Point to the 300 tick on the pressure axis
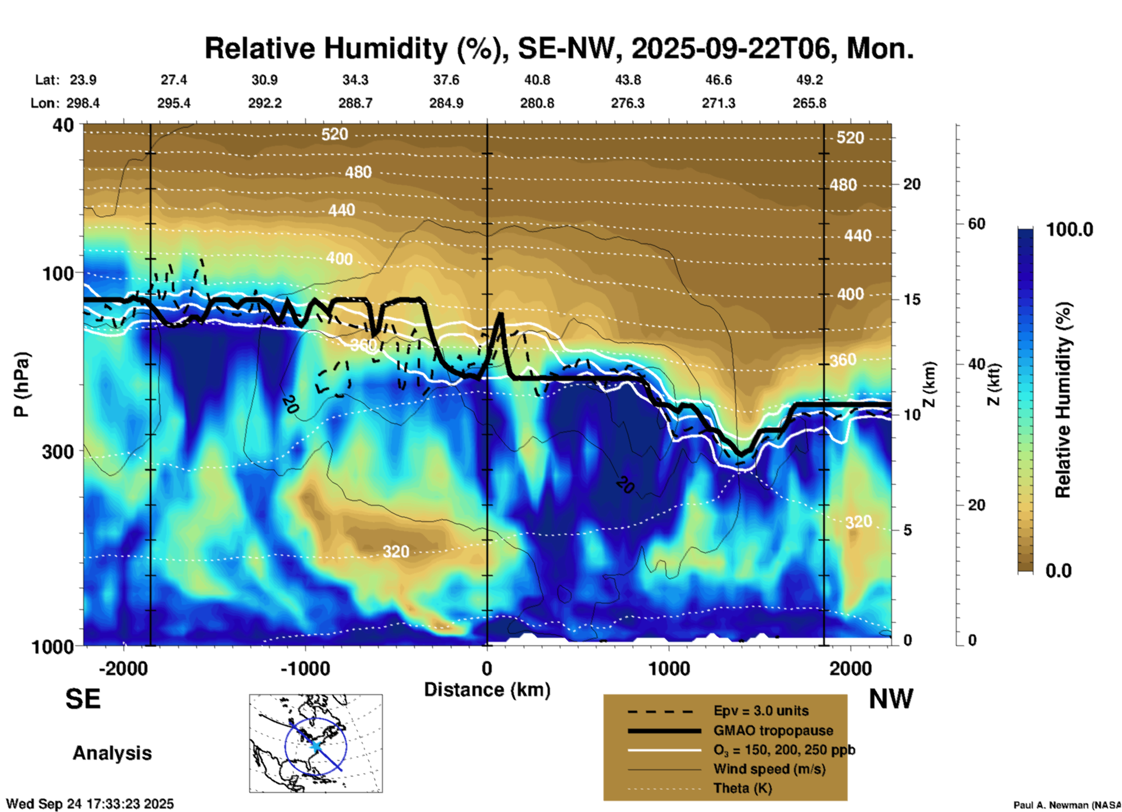click(x=58, y=451)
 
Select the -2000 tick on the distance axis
click(x=123, y=668)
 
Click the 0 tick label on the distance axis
click(x=487, y=668)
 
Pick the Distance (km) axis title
click(x=487, y=690)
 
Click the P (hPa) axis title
click(x=21, y=384)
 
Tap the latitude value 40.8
click(x=537, y=80)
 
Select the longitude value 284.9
click(x=446, y=103)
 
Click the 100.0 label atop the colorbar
click(x=1070, y=230)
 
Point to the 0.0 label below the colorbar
click(x=1059, y=571)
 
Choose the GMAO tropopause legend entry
click(x=773, y=730)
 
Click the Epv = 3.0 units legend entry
click(x=761, y=711)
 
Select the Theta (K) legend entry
click(x=742, y=788)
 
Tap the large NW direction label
click(x=891, y=699)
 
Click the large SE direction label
click(x=83, y=699)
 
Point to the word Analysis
click(x=112, y=753)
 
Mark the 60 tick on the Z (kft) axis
click(x=976, y=224)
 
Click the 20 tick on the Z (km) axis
click(x=912, y=184)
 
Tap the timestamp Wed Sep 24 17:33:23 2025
click(x=90, y=804)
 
